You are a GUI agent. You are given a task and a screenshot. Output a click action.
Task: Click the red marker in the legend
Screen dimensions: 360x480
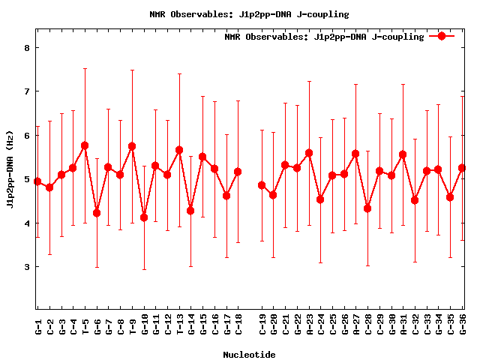click(442, 36)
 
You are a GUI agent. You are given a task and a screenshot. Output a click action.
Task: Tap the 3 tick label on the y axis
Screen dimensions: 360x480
click(26, 267)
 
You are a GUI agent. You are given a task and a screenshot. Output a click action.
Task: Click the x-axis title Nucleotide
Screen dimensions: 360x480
click(249, 354)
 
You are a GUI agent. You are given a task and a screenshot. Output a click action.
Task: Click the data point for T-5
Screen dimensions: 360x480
click(85, 145)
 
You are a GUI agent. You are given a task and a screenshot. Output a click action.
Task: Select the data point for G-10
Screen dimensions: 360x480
click(144, 217)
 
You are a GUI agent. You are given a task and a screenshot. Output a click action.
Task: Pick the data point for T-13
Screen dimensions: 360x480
click(179, 150)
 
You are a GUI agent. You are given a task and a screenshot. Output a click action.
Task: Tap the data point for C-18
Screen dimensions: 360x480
click(238, 172)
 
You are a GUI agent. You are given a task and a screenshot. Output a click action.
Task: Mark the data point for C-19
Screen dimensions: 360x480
click(262, 185)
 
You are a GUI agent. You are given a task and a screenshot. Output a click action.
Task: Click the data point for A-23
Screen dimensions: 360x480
click(309, 153)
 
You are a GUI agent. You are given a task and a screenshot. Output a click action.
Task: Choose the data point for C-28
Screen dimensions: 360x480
click(367, 208)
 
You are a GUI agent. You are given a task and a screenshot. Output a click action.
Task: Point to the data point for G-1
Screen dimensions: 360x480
click(37, 181)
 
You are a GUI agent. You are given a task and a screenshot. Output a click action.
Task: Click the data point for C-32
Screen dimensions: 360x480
click(415, 200)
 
